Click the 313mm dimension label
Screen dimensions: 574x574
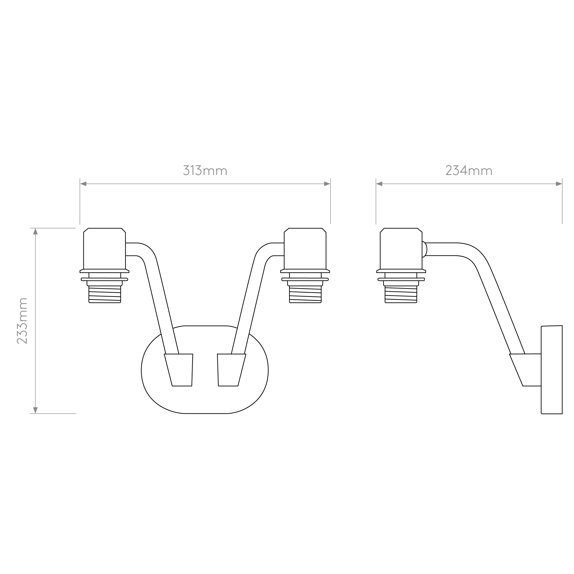coord(205,171)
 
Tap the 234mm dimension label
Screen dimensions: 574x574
coord(469,171)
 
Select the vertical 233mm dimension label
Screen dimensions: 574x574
coord(22,321)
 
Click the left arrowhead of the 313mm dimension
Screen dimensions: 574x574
coord(83,184)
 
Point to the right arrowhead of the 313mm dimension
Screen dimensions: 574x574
coord(327,184)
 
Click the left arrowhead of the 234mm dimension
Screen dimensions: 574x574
coord(379,184)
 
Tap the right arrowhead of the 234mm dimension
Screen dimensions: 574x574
coord(559,184)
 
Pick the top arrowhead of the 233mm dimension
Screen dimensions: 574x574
coord(35,231)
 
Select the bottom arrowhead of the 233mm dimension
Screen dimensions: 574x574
coord(35,410)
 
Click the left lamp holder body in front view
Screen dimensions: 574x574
coord(104,249)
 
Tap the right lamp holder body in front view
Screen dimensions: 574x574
coord(305,249)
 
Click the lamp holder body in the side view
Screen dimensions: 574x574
coord(401,249)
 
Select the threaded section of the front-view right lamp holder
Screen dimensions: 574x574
coord(305,294)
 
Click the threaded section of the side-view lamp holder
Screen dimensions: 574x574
coord(401,294)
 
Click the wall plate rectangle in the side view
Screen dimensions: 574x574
coord(552,370)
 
